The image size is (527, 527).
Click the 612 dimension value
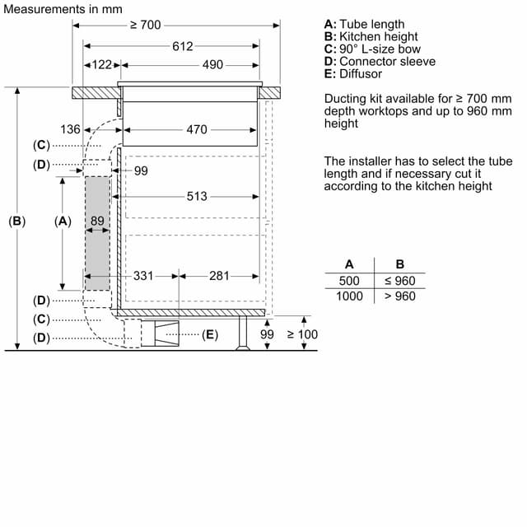click(182, 46)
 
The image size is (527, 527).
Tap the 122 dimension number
click(101, 64)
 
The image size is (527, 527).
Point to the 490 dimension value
click(212, 64)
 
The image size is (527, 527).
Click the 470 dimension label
click(197, 129)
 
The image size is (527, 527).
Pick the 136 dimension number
click(71, 129)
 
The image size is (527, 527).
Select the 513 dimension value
click(197, 196)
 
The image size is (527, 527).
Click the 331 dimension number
click(143, 276)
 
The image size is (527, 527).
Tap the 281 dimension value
click(219, 276)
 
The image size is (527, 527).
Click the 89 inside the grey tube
click(98, 221)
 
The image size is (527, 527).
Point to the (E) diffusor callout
click(209, 334)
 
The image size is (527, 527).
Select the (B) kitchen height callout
click(17, 221)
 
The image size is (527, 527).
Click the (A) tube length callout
click(63, 221)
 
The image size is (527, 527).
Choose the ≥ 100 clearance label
click(302, 334)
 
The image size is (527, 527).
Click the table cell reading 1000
click(349, 296)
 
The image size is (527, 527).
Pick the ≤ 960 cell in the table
click(400, 281)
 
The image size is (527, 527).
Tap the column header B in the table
click(400, 264)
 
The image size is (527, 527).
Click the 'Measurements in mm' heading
click(63, 9)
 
